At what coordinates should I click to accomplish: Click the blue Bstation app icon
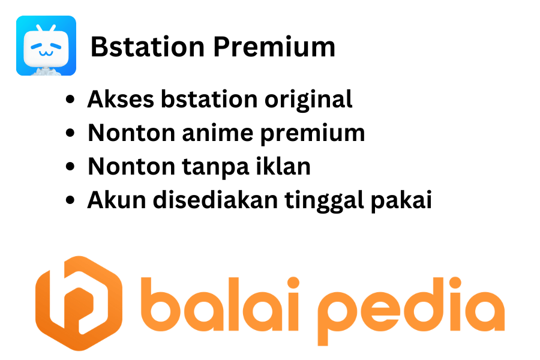coord(46,46)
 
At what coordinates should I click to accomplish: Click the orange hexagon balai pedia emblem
coord(79,303)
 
